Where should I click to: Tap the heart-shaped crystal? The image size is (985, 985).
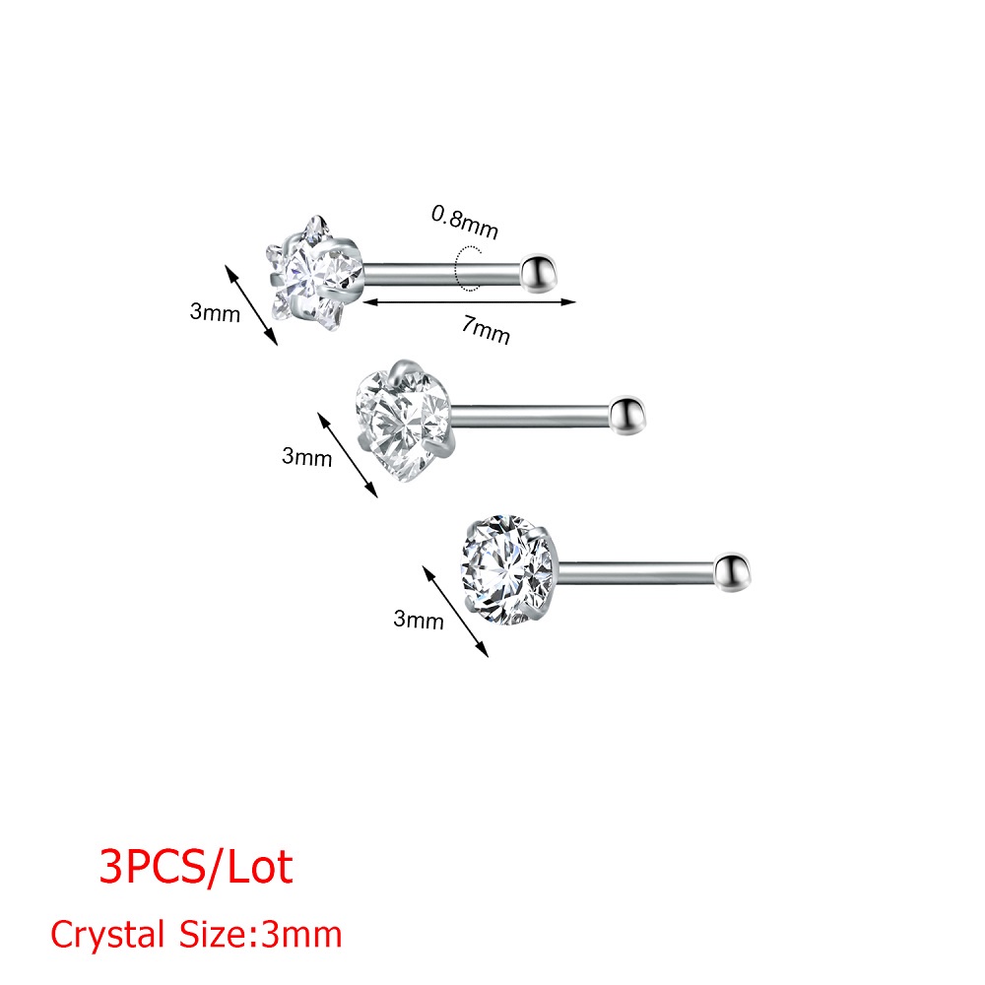coord(403,421)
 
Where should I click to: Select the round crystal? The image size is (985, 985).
coord(509,569)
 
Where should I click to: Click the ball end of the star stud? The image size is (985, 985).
coord(539,273)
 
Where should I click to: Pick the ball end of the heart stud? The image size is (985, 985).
coord(626,416)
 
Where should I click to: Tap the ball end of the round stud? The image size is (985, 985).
coord(733,572)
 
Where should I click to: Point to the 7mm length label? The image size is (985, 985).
coord(486,330)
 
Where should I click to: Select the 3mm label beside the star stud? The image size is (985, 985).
coord(215,312)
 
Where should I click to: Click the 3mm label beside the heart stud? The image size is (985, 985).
coord(306,457)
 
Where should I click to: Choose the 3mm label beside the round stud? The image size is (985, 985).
coord(419,620)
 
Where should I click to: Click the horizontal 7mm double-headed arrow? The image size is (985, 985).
coord(469,302)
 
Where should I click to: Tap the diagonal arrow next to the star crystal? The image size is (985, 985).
coord(251,304)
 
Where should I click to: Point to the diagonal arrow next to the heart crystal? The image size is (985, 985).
coord(348,455)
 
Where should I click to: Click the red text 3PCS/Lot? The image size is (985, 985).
coord(196,868)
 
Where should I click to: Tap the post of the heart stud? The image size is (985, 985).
coord(529,415)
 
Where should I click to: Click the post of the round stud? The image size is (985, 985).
coord(635,572)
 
